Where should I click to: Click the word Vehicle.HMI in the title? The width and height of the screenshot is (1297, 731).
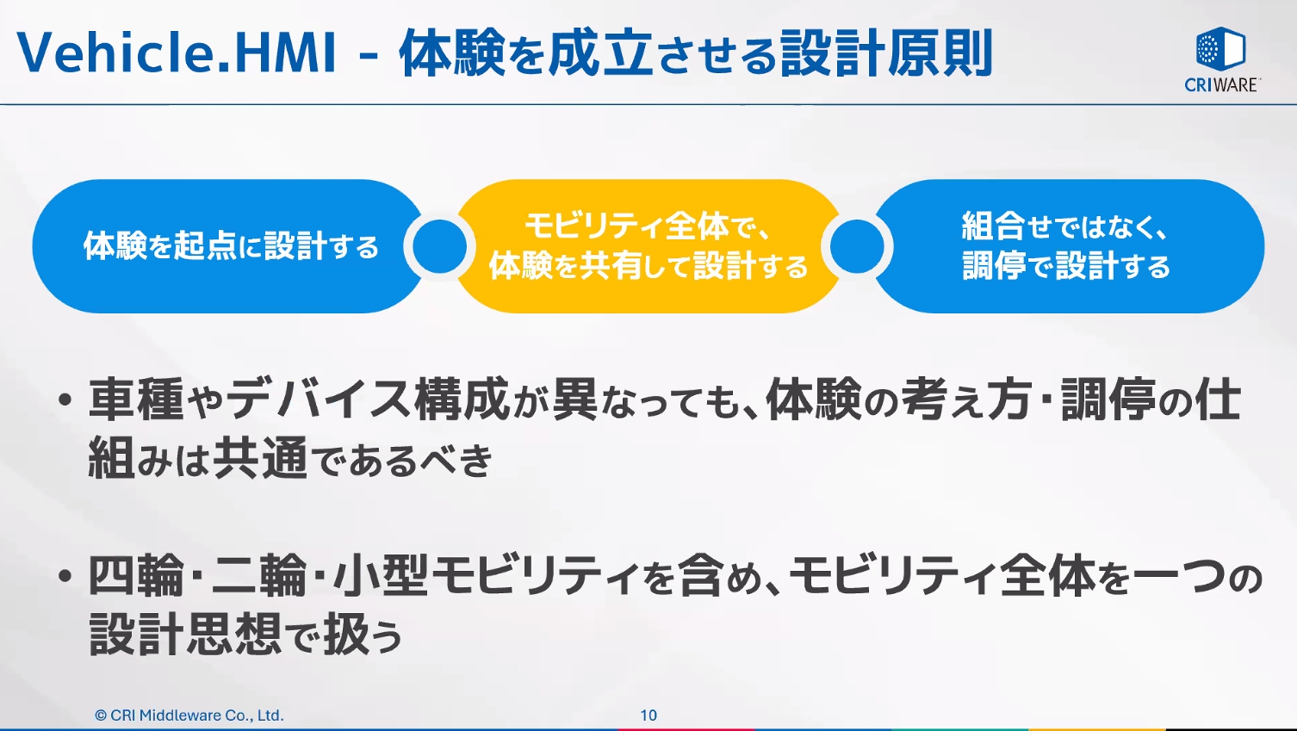[177, 53]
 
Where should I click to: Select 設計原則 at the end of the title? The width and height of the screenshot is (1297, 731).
[887, 53]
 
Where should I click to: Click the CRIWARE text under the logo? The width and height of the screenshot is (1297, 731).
[1221, 84]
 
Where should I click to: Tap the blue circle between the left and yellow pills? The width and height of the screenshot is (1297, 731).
[439, 246]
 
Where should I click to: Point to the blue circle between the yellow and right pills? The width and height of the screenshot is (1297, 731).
[857, 246]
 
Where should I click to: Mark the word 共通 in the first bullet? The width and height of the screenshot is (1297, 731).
[260, 458]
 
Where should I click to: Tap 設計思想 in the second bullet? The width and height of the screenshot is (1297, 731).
[185, 635]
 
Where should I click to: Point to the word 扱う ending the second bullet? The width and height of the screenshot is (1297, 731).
[363, 635]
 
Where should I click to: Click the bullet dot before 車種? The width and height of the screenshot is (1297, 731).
[65, 401]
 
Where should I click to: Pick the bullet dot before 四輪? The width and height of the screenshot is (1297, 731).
[65, 577]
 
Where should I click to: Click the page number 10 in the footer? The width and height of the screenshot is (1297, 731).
[648, 715]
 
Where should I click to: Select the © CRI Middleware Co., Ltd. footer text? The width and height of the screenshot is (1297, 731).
[189, 715]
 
